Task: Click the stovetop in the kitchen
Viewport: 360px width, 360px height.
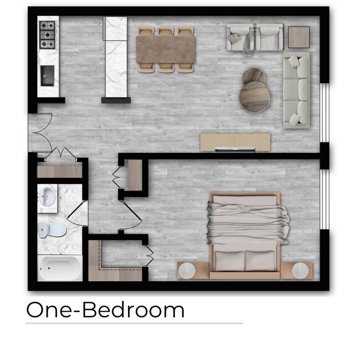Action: [48, 35]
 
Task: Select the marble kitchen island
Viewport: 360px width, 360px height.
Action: [116, 58]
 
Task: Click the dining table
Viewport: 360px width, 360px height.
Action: [167, 49]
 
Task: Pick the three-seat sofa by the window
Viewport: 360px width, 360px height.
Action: [296, 90]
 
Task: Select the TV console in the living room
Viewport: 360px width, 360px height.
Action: [235, 142]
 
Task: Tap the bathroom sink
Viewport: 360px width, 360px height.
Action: [48, 196]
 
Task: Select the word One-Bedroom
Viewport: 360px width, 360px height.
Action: [105, 310]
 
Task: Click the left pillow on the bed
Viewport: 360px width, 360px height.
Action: [229, 259]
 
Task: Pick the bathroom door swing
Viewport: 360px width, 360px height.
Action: [78, 213]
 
